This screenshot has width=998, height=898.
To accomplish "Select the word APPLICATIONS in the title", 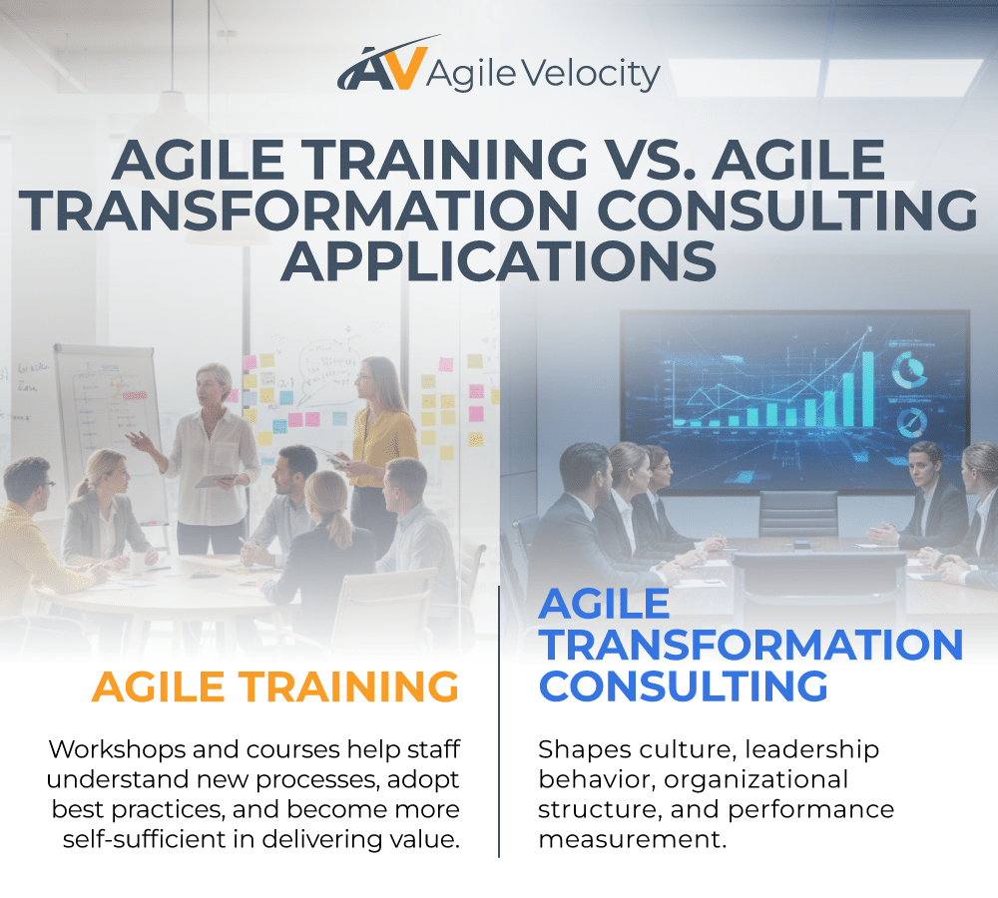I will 499,260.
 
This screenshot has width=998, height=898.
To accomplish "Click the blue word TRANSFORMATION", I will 750,646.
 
